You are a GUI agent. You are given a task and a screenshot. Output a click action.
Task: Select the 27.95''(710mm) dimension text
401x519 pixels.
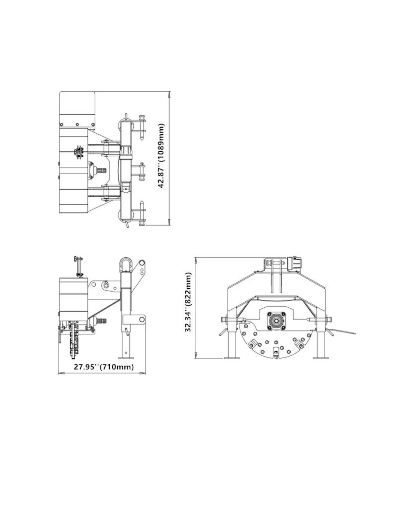pyautogui.click(x=104, y=367)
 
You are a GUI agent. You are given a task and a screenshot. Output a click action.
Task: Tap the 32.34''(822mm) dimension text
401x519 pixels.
pyautogui.click(x=188, y=302)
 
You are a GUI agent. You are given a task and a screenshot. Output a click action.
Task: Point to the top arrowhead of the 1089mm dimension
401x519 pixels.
pyautogui.click(x=169, y=94)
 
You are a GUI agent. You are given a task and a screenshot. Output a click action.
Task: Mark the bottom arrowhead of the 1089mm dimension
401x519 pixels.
pyautogui.click(x=169, y=222)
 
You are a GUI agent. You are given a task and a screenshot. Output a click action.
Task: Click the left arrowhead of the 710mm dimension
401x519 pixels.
pyautogui.click(x=61, y=373)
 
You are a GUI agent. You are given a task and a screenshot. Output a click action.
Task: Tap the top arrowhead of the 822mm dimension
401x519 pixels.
pyautogui.click(x=196, y=260)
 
